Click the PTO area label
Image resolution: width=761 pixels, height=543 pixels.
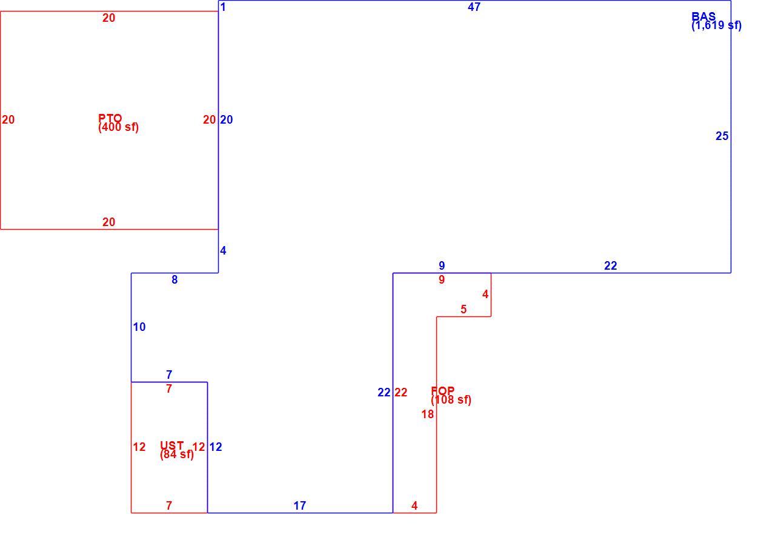pos(110,118)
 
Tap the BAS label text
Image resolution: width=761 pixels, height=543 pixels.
pos(703,16)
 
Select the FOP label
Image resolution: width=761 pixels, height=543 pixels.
pos(443,390)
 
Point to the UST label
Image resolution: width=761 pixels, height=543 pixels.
pos(172,445)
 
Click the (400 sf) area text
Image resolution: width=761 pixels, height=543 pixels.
pos(118,127)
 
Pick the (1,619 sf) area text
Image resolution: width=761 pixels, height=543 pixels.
pos(717,25)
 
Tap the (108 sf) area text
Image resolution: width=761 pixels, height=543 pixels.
pos(451,399)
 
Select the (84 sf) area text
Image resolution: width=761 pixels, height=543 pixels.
pos(177,455)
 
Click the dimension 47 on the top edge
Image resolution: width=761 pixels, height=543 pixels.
pos(474,7)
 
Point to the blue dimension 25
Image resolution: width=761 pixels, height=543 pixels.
pos(722,136)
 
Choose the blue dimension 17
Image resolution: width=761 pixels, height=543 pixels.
pos(300,505)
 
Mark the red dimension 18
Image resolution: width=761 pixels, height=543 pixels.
pos(427,414)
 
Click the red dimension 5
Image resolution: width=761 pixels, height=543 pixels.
pos(464,309)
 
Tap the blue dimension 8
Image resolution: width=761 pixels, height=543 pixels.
pos(174,279)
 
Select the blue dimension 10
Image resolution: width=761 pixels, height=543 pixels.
pos(139,327)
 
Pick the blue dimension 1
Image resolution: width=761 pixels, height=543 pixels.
pos(223,7)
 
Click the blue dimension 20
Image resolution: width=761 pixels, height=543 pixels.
pos(226,119)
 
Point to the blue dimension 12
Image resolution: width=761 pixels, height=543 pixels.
pos(215,447)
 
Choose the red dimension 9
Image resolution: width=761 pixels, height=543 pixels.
pos(441,279)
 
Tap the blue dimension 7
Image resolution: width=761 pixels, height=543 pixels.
pos(169,375)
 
